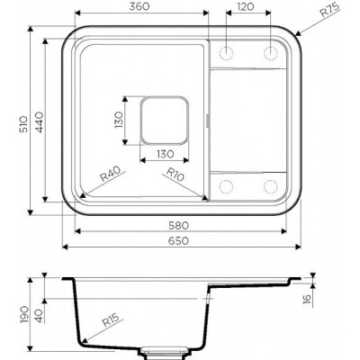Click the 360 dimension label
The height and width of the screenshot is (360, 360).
[139, 6]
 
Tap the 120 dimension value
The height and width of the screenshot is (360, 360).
[246, 6]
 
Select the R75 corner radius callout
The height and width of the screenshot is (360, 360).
[329, 9]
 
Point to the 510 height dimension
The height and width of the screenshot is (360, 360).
[23, 124]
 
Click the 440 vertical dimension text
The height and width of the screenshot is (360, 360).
[40, 122]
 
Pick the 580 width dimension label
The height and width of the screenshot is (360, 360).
[178, 225]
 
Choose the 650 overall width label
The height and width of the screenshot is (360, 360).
[178, 240]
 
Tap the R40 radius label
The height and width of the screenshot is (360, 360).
[110, 174]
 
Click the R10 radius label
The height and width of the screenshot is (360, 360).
[175, 175]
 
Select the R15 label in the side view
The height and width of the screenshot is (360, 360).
[111, 319]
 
